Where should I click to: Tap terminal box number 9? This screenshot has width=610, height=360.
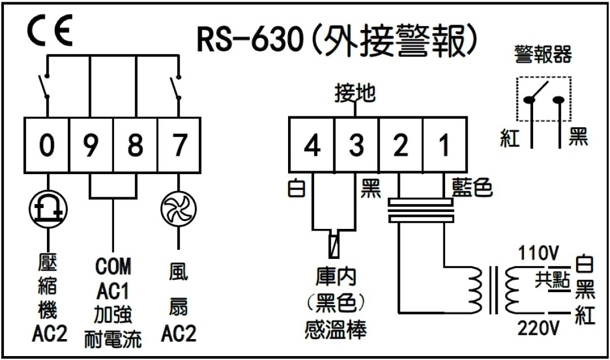click(91, 146)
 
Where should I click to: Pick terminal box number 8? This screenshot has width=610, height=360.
click(135, 146)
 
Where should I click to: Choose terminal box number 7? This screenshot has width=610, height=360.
click(178, 146)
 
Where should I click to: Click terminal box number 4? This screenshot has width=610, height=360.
click(312, 146)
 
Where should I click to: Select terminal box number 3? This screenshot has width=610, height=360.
click(356, 146)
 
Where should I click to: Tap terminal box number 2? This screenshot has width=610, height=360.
click(400, 146)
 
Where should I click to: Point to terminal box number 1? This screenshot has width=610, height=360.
click(444, 146)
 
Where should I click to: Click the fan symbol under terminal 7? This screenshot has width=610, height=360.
click(178, 209)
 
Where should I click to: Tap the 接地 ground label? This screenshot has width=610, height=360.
click(355, 93)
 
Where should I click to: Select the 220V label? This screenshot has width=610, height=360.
click(538, 327)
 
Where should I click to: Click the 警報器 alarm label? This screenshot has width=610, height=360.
click(543, 55)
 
